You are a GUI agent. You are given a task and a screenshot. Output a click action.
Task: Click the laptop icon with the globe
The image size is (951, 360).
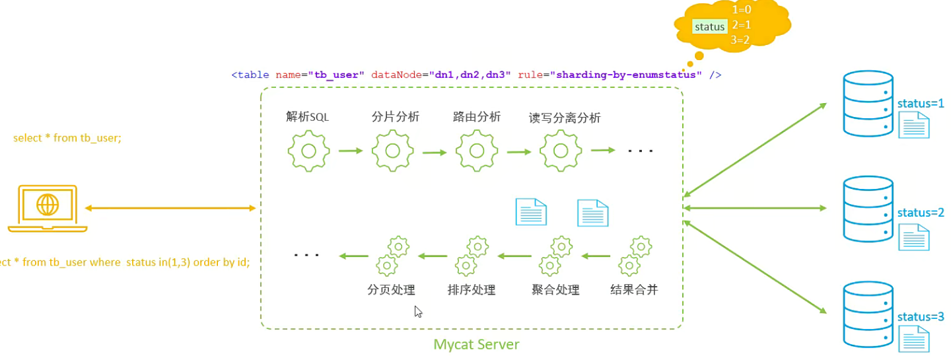coord(48,208)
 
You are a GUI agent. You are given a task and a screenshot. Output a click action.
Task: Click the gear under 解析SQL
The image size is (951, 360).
coord(308,151)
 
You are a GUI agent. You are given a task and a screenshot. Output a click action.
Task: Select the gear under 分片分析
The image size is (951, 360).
coord(392,151)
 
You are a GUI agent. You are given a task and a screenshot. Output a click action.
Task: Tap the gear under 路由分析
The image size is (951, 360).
coord(475,151)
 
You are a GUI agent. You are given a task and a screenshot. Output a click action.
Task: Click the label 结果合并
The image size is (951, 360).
coord(634,289)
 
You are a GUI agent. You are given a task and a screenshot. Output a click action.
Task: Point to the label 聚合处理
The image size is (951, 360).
coord(555,289)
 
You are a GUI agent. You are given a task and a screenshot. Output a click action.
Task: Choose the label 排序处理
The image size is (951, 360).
coord(471,289)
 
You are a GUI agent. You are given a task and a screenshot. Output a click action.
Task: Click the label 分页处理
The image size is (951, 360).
coord(391,289)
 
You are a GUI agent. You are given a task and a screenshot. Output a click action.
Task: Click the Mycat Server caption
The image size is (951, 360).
coord(476,344)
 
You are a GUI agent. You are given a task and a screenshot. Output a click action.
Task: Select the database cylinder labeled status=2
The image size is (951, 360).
coord(868,208)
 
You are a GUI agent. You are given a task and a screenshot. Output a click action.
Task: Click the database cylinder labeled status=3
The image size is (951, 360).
coord(868,314)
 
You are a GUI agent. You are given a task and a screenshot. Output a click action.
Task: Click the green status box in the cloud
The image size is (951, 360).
coord(709,27)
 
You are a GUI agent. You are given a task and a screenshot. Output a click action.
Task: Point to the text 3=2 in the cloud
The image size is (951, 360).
coord(740,40)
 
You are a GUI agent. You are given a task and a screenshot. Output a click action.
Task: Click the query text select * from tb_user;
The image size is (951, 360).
coord(67,138)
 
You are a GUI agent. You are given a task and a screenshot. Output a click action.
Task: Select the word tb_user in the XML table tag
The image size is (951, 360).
coord(339,75)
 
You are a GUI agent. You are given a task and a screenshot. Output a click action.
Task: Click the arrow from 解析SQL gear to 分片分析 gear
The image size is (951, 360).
coord(351,151)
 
